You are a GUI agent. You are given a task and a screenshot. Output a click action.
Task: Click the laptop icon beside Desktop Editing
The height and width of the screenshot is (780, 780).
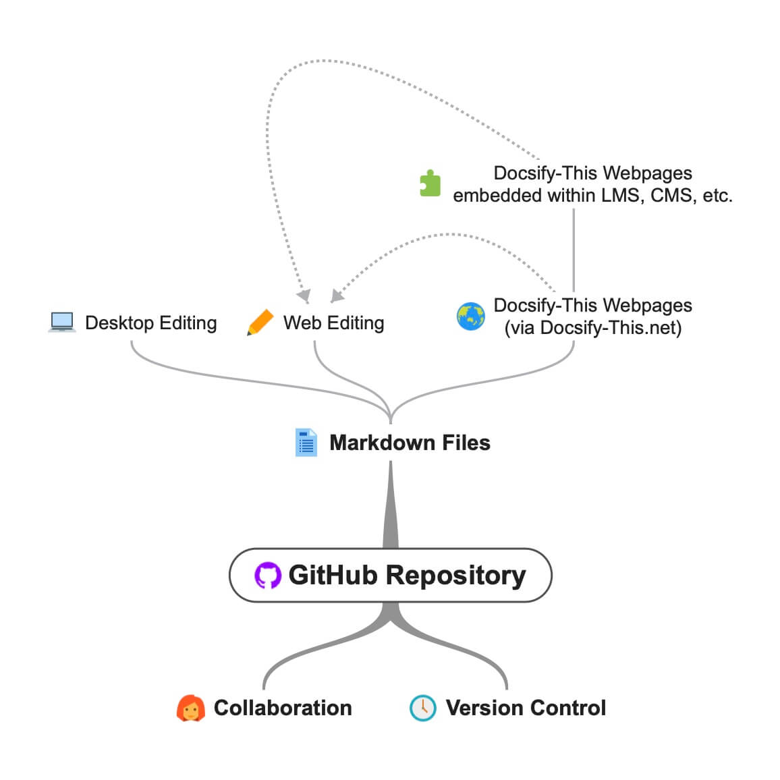(x=62, y=323)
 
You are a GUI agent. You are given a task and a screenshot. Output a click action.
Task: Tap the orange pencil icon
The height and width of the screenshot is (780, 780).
(x=260, y=323)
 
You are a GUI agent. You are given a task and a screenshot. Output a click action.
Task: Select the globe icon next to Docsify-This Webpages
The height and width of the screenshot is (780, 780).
(x=470, y=316)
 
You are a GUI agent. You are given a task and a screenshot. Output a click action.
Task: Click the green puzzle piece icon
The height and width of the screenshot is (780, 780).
(x=430, y=184)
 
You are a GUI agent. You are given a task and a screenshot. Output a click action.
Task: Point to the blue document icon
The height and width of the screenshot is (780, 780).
(x=306, y=443)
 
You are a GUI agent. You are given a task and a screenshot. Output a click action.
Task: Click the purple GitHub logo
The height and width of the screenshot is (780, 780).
(x=267, y=576)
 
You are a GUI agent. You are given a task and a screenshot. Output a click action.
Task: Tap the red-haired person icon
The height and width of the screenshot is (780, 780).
(x=190, y=708)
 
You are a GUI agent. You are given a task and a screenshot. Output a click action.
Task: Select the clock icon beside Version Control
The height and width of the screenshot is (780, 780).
(x=423, y=708)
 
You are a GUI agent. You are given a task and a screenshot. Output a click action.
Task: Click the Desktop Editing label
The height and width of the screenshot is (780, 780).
(x=150, y=323)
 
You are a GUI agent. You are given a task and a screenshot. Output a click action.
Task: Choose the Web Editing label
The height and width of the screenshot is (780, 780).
(x=333, y=323)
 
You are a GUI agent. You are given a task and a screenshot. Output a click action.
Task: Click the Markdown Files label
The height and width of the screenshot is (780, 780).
(x=410, y=443)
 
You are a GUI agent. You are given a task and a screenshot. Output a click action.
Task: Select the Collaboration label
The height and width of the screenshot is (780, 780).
(x=283, y=708)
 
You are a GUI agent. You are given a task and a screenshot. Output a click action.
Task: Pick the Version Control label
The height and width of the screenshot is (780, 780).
(x=526, y=708)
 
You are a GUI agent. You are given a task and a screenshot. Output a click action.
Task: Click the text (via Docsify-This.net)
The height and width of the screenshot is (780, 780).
(x=592, y=328)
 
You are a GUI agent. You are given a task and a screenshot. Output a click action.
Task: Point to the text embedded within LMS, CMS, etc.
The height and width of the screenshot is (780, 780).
(x=592, y=196)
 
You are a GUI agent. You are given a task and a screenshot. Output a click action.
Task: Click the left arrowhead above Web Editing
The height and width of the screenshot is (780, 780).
(x=304, y=296)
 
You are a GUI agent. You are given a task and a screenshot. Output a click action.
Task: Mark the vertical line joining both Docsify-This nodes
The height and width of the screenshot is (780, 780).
(x=574, y=250)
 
